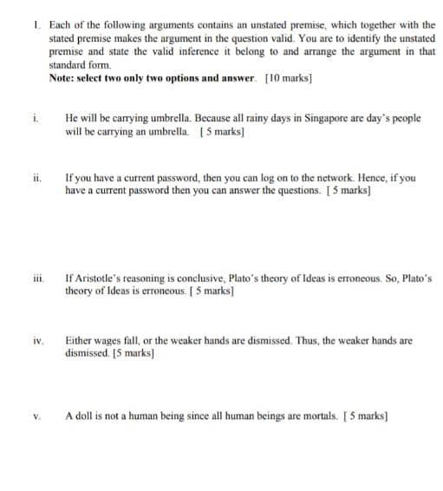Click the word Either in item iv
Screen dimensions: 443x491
click(78, 342)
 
